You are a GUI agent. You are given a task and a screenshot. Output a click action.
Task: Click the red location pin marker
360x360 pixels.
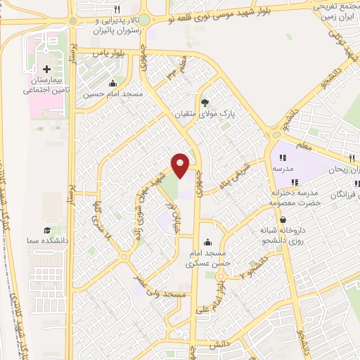[x=181, y=165]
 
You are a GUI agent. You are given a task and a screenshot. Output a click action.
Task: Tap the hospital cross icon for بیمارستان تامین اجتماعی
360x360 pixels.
[x=47, y=70]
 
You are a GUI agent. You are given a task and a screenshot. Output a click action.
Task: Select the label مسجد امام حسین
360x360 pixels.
[x=114, y=94]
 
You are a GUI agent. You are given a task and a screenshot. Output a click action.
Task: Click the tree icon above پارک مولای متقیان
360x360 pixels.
[x=205, y=102]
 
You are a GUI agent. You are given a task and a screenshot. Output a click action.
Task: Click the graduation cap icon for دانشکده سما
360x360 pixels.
[x=47, y=231]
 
